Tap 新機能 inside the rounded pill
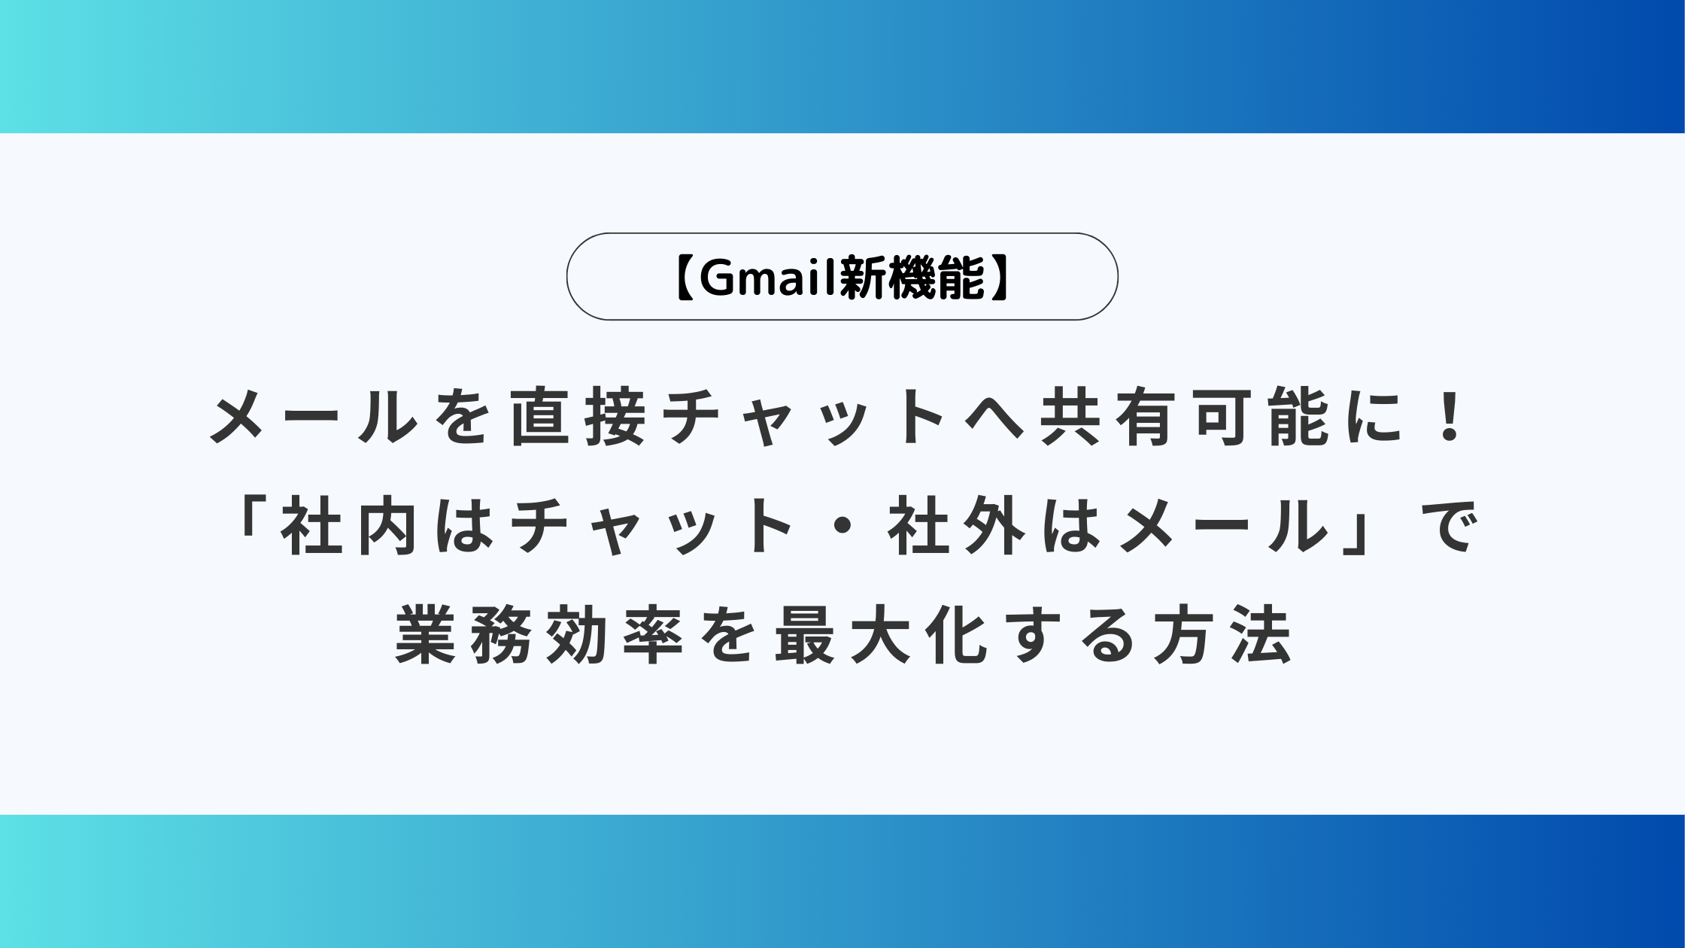(x=912, y=278)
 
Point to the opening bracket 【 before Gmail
(x=684, y=278)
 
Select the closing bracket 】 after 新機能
(x=1000, y=278)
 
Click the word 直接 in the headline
(x=578, y=417)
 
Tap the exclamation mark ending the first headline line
(x=1449, y=417)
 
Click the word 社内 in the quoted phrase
(x=349, y=527)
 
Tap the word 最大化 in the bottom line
(x=881, y=636)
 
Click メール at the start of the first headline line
(x=314, y=417)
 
